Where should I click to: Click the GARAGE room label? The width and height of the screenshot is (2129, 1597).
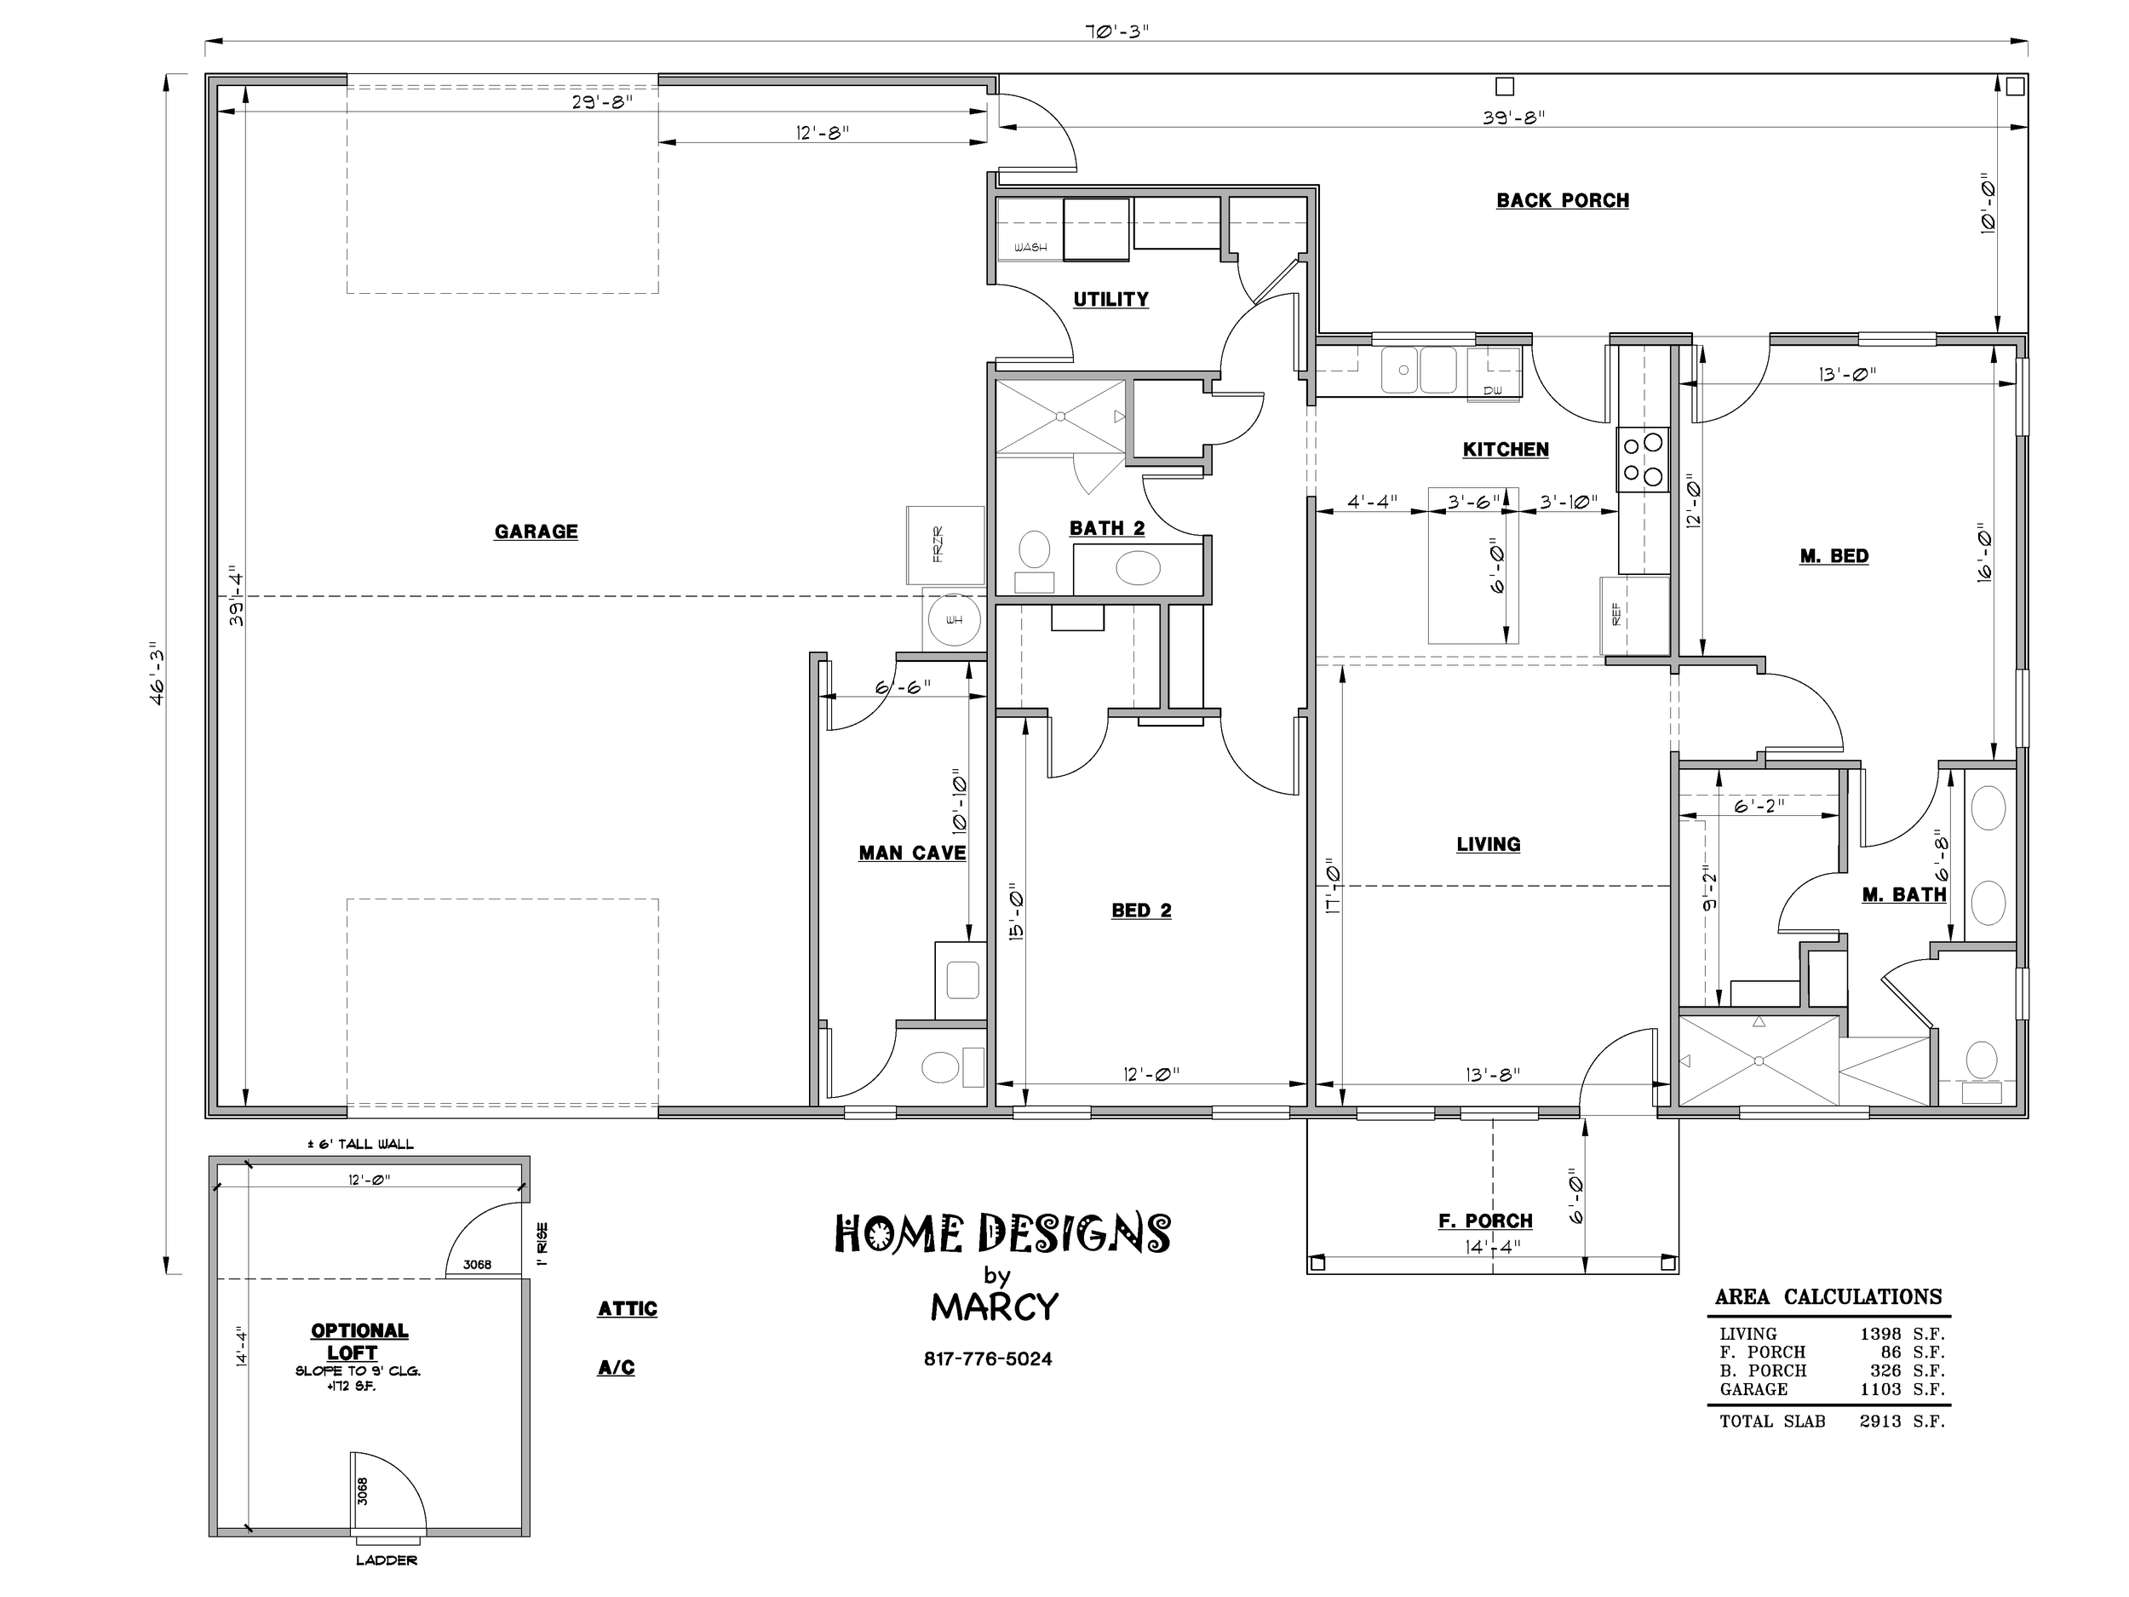(x=537, y=531)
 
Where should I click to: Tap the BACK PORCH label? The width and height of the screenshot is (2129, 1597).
(x=1562, y=200)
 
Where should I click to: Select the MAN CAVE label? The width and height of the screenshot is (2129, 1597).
(x=911, y=853)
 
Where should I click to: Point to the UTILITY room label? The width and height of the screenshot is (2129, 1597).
(x=1110, y=299)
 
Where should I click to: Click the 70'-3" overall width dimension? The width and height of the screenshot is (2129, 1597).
(x=1117, y=30)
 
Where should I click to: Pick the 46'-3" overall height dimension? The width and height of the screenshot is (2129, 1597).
(x=157, y=674)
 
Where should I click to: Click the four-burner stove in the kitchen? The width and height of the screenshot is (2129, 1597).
(x=1643, y=459)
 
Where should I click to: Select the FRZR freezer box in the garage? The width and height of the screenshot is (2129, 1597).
(x=945, y=545)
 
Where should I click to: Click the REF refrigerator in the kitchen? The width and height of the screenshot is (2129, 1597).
(x=1634, y=615)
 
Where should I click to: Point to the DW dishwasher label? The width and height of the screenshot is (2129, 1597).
(x=1493, y=390)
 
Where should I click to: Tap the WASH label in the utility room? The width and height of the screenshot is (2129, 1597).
(x=1030, y=247)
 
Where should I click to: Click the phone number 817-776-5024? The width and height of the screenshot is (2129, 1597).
(x=988, y=1359)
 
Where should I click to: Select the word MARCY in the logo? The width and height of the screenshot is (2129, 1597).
(x=994, y=1307)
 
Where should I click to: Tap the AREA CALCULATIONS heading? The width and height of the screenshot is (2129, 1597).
(x=1828, y=1296)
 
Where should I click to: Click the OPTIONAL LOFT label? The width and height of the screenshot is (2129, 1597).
(x=359, y=1341)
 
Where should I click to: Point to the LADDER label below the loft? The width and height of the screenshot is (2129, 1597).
(x=386, y=1560)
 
